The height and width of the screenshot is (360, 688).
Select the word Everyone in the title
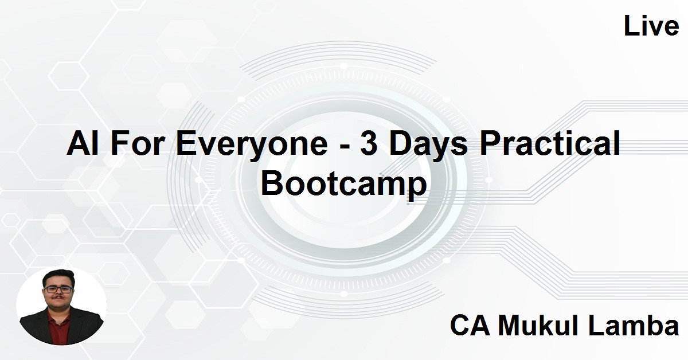point(250,145)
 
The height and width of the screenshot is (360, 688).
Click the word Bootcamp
point(345,185)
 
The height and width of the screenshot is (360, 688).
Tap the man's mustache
point(58,300)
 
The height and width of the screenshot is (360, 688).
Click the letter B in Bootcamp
point(273,184)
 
